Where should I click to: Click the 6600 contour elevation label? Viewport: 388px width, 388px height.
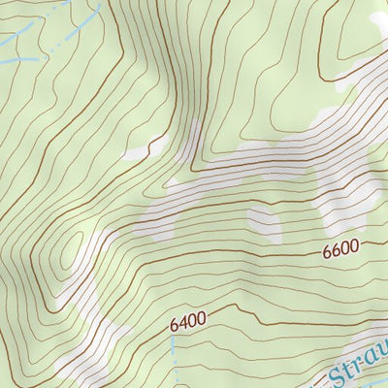click(341, 249)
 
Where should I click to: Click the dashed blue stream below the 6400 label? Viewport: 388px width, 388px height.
click(180, 364)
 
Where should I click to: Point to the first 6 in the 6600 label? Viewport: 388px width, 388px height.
click(328, 251)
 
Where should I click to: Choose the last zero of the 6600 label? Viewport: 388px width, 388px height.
click(355, 247)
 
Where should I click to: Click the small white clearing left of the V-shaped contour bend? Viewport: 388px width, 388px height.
click(135, 151)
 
